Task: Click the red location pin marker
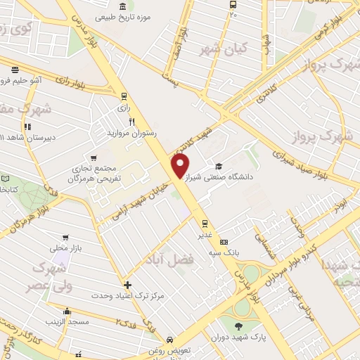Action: pyautogui.click(x=181, y=166)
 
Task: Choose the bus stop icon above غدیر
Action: pyautogui.click(x=205, y=225)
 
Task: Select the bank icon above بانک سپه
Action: pyautogui.click(x=224, y=242)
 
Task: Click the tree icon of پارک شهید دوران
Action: pyautogui.click(x=238, y=326)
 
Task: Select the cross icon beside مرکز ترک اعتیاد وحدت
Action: pyautogui.click(x=127, y=285)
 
